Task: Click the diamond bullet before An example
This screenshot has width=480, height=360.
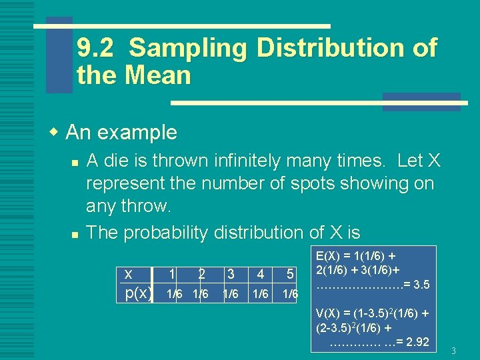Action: pos(55,131)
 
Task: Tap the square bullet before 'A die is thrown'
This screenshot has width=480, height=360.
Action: pos(76,162)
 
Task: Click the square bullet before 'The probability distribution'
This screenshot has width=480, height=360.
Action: pos(76,234)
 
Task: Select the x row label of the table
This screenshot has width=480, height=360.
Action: pos(128,274)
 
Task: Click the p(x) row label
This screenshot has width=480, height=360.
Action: pos(139,293)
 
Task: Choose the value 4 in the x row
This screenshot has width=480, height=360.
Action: pos(261,274)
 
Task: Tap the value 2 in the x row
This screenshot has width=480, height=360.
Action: pos(201,274)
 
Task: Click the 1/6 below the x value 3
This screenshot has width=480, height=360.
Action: pos(231,294)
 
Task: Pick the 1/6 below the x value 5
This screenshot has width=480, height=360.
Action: pos(290,294)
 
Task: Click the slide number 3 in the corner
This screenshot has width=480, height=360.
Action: pos(453,351)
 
